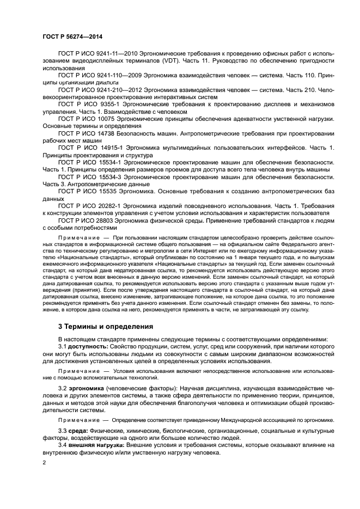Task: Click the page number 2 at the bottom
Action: (45, 462)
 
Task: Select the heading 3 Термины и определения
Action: (106, 327)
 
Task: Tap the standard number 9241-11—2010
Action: (117, 55)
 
